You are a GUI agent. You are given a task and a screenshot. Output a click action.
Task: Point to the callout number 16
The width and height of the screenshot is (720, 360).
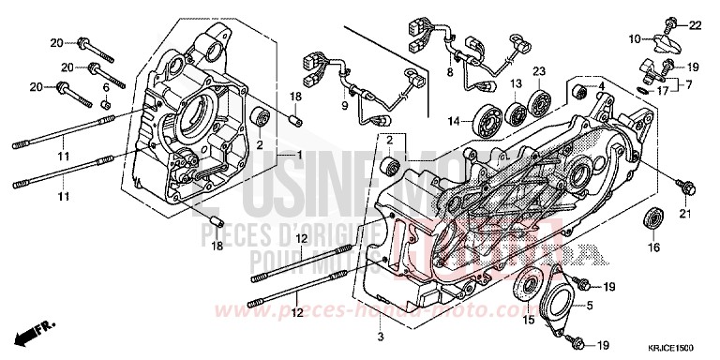654,248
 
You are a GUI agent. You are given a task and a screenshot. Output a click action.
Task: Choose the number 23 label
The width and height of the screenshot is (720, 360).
540,72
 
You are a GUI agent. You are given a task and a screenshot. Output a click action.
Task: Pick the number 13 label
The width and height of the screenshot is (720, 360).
516,85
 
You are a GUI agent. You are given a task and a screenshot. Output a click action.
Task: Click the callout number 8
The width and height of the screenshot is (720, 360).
450,71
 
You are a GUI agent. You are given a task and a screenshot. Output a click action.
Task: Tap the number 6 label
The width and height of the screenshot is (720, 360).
105,87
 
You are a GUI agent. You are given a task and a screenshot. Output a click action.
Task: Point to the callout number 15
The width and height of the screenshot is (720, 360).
527,322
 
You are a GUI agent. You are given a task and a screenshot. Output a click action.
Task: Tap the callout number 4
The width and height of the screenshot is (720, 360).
602,87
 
